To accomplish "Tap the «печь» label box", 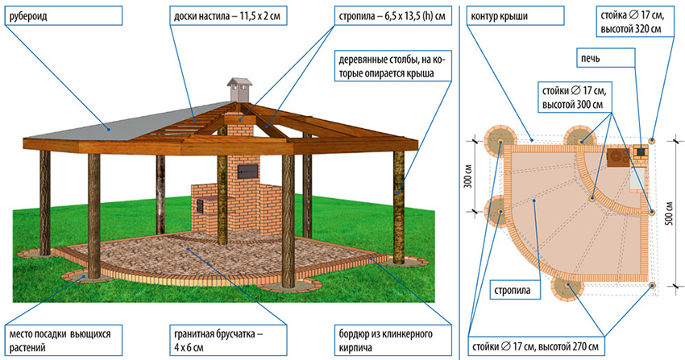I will [x=589, y=56].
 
